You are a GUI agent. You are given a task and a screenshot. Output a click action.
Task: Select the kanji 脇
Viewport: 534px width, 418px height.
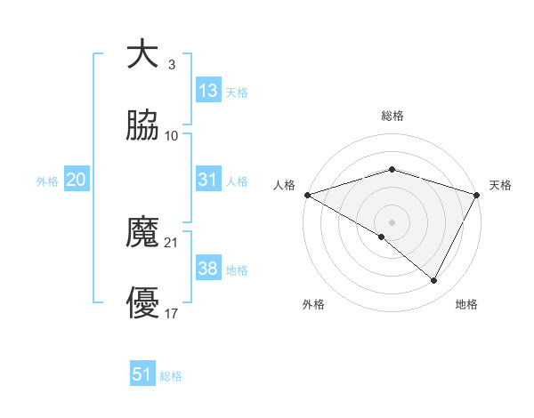142,126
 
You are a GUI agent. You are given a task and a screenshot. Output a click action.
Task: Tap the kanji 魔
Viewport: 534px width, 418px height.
142,233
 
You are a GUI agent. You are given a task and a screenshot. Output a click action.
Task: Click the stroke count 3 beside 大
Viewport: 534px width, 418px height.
171,64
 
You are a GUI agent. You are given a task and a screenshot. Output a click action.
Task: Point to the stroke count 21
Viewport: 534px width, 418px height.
171,242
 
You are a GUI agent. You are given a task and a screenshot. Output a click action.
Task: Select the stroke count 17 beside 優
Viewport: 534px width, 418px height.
171,314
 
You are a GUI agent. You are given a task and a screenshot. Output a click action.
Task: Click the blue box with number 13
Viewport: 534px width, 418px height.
207,91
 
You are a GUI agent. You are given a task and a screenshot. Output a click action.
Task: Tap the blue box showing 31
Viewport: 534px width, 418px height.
207,180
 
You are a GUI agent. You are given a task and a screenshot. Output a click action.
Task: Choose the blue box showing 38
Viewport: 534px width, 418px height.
207,269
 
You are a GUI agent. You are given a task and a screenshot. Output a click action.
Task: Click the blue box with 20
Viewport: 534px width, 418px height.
76,180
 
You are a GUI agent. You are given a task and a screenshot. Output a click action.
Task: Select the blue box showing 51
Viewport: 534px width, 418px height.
142,374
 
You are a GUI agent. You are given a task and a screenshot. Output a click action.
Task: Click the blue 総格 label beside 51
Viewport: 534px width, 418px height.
171,376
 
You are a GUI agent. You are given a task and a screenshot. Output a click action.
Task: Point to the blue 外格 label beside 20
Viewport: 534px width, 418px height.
47,181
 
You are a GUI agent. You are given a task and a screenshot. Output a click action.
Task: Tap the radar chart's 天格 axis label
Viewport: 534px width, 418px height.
501,185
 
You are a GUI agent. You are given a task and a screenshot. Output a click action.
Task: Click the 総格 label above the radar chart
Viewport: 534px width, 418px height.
392,116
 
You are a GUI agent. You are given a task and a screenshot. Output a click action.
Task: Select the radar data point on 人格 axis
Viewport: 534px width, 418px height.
307,194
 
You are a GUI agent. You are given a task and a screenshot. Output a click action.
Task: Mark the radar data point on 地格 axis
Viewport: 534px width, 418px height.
434,281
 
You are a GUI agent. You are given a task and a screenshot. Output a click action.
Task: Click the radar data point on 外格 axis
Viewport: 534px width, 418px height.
382,237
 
